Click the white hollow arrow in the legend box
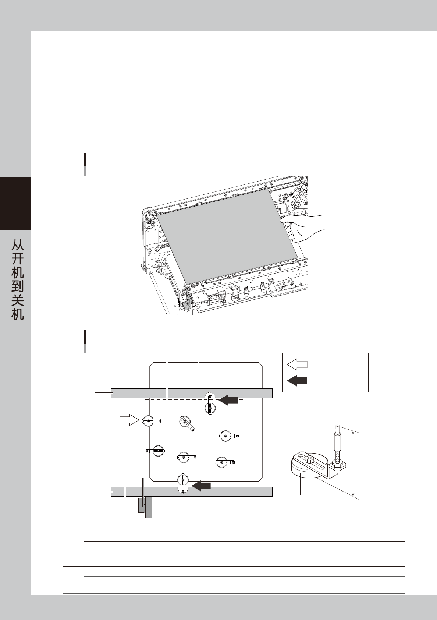pyautogui.click(x=297, y=364)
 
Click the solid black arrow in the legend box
pyautogui.click(x=297, y=381)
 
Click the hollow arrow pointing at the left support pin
pyautogui.click(x=129, y=420)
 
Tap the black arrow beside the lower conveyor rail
pyautogui.click(x=201, y=486)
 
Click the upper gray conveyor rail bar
pyautogui.click(x=191, y=393)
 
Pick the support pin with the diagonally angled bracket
pyautogui.click(x=186, y=422)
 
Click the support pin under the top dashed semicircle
pyautogui.click(x=209, y=406)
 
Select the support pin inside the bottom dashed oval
pyautogui.click(x=183, y=482)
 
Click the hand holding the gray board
pyautogui.click(x=303, y=226)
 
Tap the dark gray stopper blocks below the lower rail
pyautogui.click(x=145, y=507)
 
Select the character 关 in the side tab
pyautogui.click(x=17, y=301)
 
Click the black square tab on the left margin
pyautogui.click(x=15, y=203)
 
